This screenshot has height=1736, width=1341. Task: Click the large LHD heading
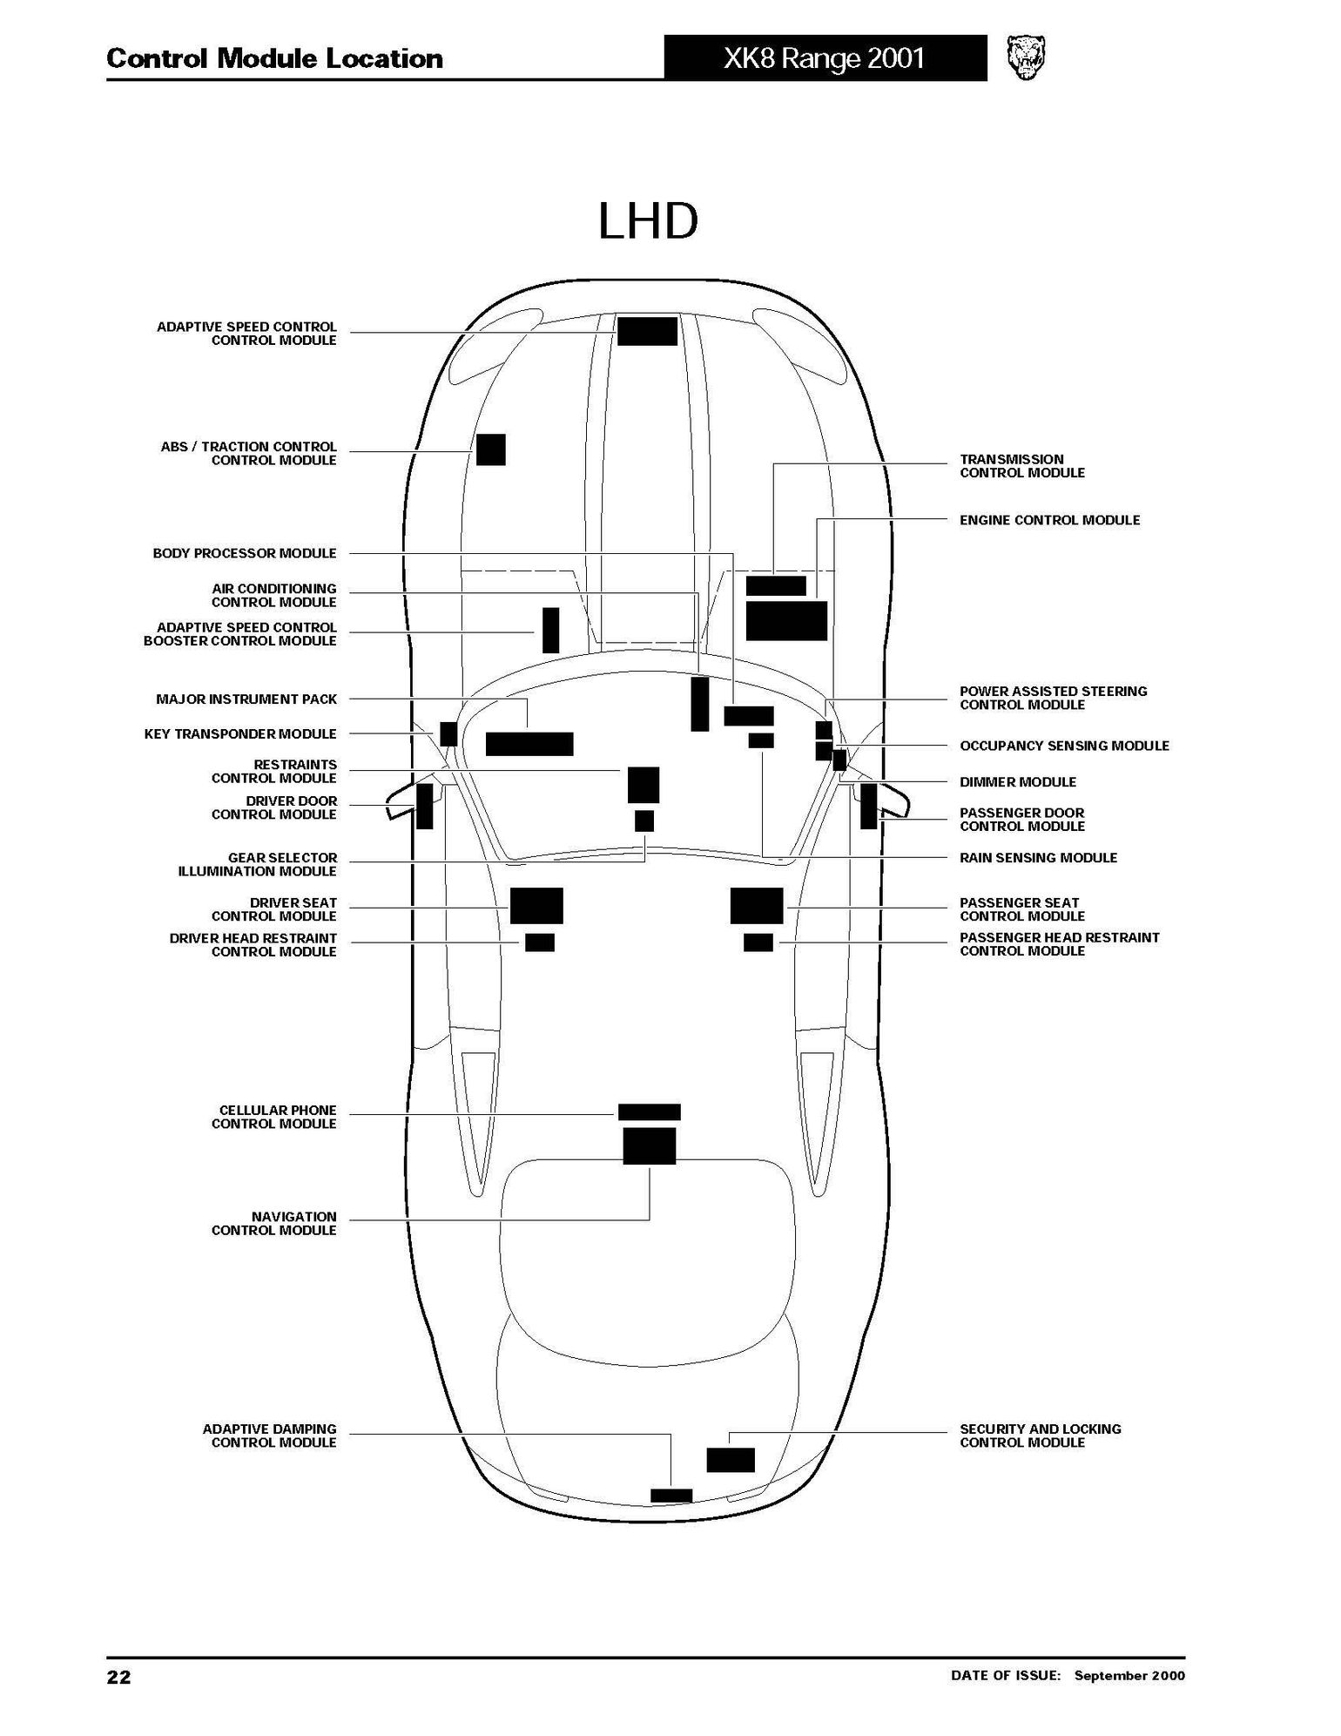point(648,222)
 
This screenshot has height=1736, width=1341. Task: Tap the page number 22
point(118,1677)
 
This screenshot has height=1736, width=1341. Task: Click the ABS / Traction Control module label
point(249,453)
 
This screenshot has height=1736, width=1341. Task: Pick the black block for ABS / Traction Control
point(490,449)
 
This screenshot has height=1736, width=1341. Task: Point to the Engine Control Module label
point(1049,520)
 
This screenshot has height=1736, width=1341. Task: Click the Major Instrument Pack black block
point(529,743)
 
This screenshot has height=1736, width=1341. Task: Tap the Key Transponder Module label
point(240,733)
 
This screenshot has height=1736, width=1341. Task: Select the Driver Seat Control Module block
point(536,905)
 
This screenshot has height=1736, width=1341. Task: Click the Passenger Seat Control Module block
point(757,905)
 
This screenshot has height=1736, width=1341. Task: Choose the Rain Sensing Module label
point(1038,857)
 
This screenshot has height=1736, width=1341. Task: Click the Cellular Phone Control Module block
point(649,1111)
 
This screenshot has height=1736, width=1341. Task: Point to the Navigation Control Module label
point(274,1223)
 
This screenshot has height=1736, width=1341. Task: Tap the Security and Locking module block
point(731,1459)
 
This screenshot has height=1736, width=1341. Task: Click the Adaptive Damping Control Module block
point(671,1496)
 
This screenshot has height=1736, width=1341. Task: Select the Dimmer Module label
point(1018,782)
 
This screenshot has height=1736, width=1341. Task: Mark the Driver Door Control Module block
point(424,806)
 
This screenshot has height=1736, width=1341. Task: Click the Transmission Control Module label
point(1022,466)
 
